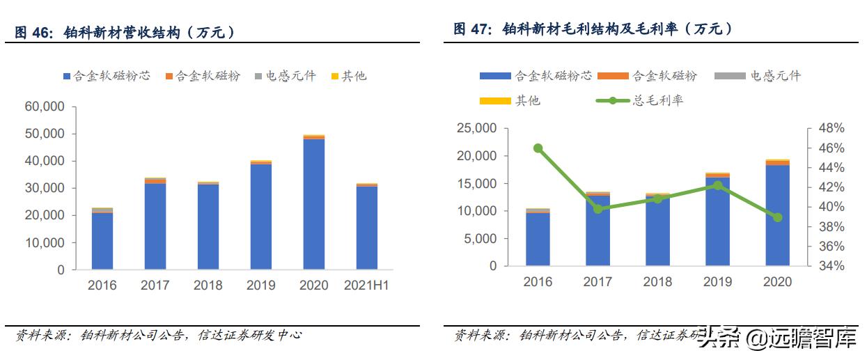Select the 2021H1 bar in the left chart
point(366,226)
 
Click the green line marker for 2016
point(538,148)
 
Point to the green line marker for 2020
point(777,217)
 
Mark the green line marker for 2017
point(597,209)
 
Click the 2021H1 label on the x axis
point(366,285)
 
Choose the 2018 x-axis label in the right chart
point(657,282)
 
